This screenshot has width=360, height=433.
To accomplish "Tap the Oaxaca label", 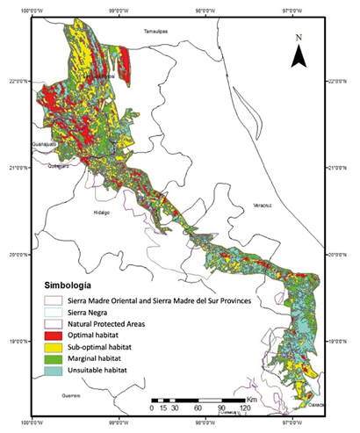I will tap(316, 405).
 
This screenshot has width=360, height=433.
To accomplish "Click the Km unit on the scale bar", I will tap(252, 399).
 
